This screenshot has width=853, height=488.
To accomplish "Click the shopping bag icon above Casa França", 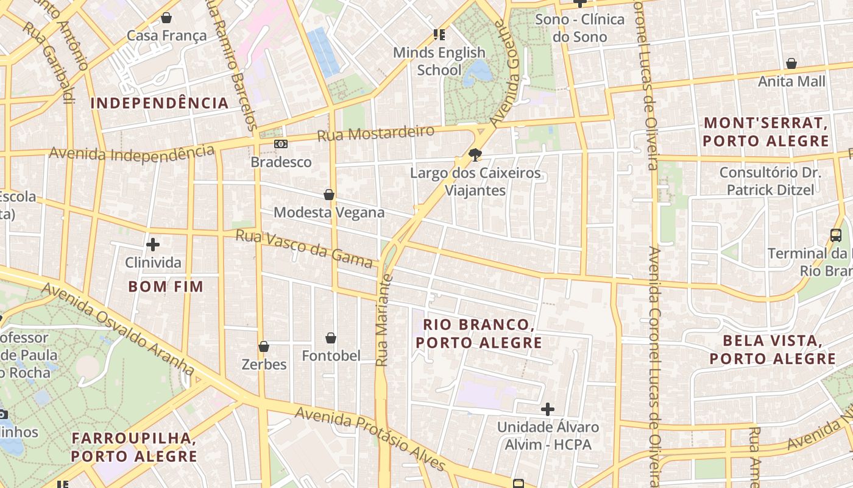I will [166, 18].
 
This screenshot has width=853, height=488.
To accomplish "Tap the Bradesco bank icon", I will [281, 144].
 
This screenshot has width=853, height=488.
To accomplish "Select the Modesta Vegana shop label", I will [329, 212].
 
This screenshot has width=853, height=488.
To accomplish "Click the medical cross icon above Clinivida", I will [153, 245].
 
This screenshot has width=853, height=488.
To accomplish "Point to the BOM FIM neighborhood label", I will [166, 286].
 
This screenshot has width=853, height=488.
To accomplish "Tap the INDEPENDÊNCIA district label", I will [160, 103].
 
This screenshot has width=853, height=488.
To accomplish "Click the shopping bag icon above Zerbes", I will [264, 346].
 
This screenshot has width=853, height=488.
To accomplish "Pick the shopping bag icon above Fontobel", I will [331, 338].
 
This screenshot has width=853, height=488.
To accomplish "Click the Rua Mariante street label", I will [383, 320].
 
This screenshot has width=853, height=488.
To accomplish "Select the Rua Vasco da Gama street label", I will [303, 248].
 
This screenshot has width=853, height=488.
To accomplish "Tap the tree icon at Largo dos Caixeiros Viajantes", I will [475, 155].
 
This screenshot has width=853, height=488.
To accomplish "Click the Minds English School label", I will [439, 61].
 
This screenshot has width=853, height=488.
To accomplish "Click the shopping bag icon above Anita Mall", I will [791, 63].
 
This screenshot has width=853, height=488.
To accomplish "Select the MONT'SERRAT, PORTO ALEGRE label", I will [766, 132].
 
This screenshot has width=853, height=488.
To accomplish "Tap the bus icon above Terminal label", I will [836, 235].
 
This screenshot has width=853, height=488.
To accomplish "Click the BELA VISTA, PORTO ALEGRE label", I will [773, 350].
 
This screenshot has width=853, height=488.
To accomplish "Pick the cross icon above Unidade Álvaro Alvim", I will [548, 409].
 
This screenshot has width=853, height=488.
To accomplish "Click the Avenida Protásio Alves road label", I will [370, 439].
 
